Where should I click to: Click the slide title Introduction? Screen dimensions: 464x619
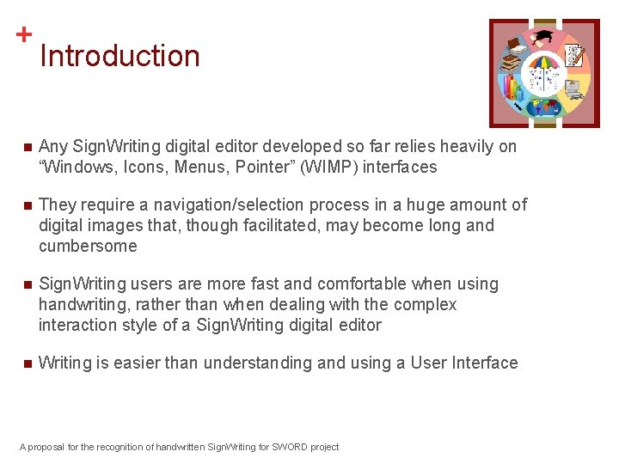pyautogui.click(x=120, y=56)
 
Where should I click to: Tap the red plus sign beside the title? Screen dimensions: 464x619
pyautogui.click(x=24, y=34)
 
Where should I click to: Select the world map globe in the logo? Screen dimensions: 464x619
pyautogui.click(x=544, y=107)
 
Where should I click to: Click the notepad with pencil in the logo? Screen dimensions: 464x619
pyautogui.click(x=574, y=56)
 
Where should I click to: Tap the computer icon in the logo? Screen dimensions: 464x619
pyautogui.click(x=571, y=87)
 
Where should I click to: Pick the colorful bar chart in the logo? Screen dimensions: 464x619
pyautogui.click(x=514, y=87)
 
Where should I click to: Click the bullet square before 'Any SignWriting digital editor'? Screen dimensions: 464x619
pyautogui.click(x=28, y=147)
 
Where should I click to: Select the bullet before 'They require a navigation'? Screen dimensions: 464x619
pyautogui.click(x=28, y=205)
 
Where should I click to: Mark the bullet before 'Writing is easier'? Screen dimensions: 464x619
pyautogui.click(x=28, y=363)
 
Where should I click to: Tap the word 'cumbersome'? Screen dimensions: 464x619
pyautogui.click(x=88, y=246)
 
